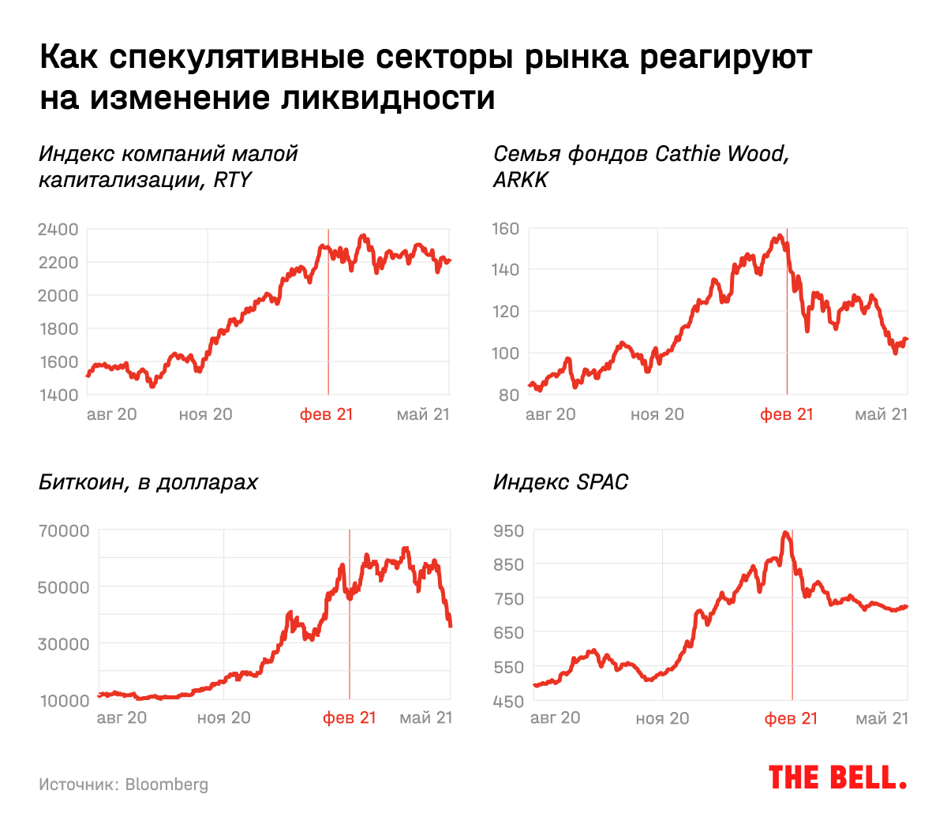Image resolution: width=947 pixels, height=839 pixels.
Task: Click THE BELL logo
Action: tap(837, 777)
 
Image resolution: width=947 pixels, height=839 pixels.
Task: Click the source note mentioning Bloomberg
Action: tap(123, 785)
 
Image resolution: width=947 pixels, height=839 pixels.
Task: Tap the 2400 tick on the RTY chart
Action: tap(58, 230)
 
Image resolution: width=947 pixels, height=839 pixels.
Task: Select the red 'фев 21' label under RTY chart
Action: tap(327, 414)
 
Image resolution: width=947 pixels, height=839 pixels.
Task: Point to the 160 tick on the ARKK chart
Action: tap(505, 229)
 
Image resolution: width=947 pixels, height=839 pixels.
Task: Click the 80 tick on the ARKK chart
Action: tap(509, 395)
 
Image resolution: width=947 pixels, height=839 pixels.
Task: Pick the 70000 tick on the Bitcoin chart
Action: tap(65, 530)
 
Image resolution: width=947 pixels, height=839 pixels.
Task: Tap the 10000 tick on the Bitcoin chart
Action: tap(65, 701)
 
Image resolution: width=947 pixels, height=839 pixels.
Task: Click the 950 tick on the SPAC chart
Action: tap(508, 530)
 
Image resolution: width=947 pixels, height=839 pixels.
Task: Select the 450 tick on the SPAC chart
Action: tap(508, 701)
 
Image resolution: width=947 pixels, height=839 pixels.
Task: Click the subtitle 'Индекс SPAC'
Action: tap(560, 482)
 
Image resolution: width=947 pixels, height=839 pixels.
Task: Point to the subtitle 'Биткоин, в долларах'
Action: tap(148, 482)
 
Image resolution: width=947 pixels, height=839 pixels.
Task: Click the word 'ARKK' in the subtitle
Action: tap(520, 180)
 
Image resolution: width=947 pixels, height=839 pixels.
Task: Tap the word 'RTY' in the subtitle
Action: tap(232, 180)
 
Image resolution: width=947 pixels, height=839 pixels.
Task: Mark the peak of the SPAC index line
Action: tap(785, 533)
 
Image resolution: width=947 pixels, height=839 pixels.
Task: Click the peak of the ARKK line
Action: tap(780, 235)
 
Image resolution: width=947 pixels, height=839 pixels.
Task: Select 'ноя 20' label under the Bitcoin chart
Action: tap(223, 717)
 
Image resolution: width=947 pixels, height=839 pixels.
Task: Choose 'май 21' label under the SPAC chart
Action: tap(881, 718)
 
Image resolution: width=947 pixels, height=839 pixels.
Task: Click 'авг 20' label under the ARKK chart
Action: tap(550, 414)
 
